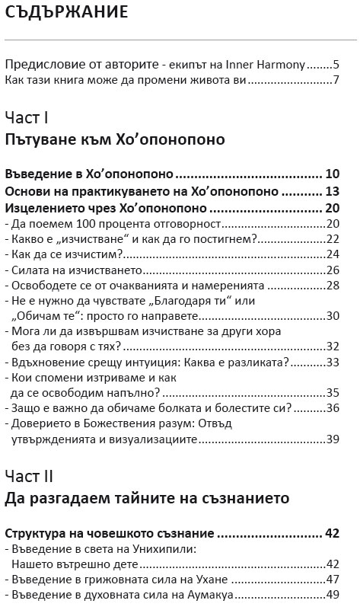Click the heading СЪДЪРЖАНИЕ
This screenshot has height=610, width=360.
click(66, 13)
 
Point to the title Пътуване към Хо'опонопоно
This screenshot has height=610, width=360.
click(114, 139)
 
